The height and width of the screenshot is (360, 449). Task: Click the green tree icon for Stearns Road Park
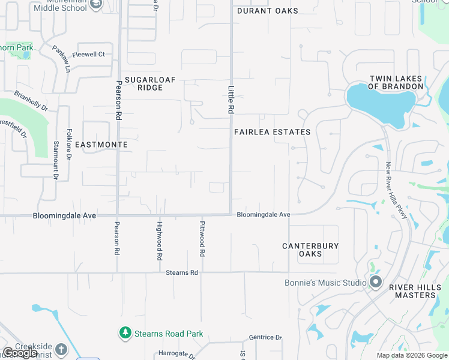pos(125,332)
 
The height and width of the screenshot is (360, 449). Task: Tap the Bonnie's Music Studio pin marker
pos(376,282)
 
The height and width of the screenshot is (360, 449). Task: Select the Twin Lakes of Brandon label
pos(396,83)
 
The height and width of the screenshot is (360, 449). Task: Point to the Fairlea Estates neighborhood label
pos(272,132)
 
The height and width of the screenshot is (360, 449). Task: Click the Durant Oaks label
pos(268,11)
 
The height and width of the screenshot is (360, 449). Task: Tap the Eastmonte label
pos(106,145)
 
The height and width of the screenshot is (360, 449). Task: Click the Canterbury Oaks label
pos(310,250)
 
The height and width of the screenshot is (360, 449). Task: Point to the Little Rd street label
pos(231,100)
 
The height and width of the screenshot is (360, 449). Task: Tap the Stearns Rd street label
pos(182,272)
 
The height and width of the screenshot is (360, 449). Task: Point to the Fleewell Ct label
pos(88,55)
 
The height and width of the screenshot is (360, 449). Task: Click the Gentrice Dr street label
pos(265,338)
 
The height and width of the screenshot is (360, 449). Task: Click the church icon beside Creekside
pos(61,349)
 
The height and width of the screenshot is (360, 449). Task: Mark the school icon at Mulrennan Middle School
pos(96,5)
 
